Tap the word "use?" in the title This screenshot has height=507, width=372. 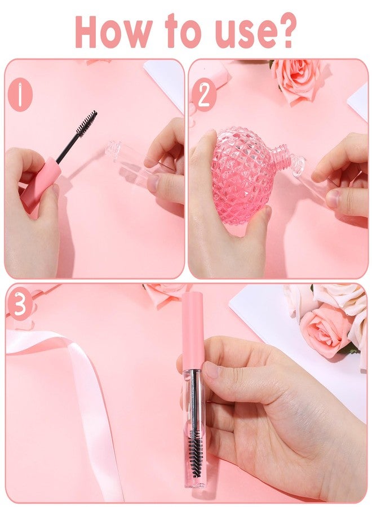tap(253, 31)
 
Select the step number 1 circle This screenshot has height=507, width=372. tap(20, 95)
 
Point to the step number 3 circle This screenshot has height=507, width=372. tap(20, 305)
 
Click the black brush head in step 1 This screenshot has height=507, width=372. tap(86, 123)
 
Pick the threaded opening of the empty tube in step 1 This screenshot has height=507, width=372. tap(113, 150)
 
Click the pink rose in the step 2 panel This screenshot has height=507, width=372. tap(296, 79)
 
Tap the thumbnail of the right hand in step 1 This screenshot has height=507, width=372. tap(153, 183)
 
